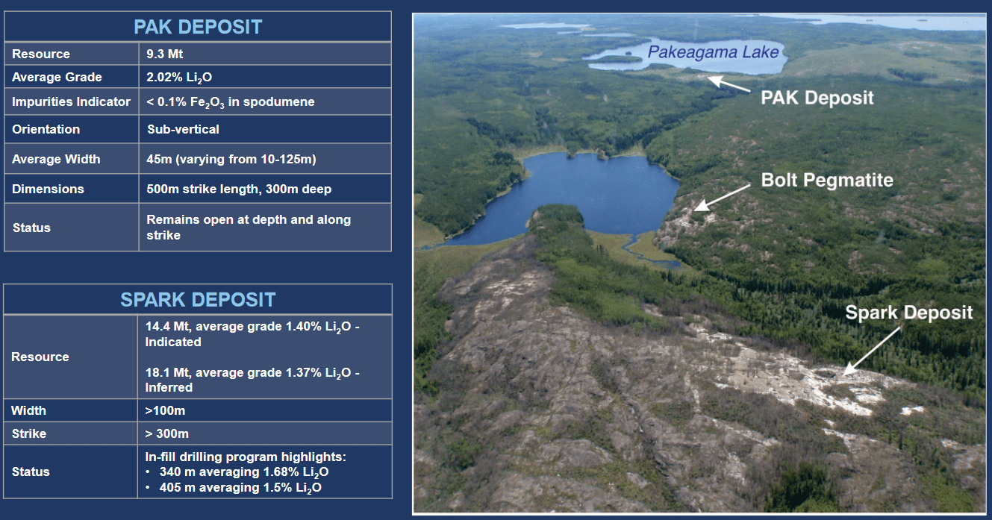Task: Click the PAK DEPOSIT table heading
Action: point(198,28)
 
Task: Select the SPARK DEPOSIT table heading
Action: point(198,300)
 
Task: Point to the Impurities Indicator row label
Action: point(71,101)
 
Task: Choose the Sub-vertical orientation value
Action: point(183,129)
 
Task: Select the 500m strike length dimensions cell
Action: point(239,189)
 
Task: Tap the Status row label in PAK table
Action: point(31,227)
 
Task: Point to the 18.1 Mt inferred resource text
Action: point(252,380)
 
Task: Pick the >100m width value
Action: point(165,410)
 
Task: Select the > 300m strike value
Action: point(167,433)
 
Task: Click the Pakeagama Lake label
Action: point(713,52)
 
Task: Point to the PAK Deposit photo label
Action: point(817,98)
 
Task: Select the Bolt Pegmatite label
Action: point(827,180)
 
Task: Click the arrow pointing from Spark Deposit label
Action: point(870,348)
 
